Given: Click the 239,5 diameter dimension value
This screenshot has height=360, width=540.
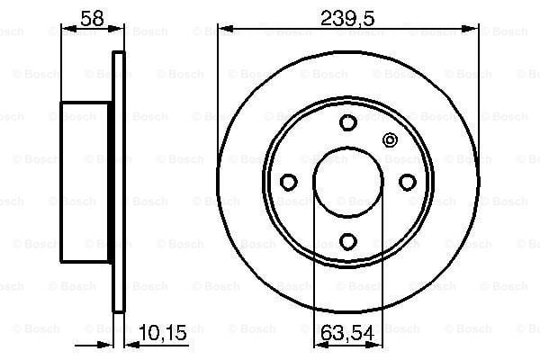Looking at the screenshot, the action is click(x=347, y=18).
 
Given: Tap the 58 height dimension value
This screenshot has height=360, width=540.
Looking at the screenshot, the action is click(x=92, y=18).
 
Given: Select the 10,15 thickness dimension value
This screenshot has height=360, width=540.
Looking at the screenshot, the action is click(x=163, y=332).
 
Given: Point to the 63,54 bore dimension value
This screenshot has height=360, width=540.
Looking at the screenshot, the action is click(x=347, y=333).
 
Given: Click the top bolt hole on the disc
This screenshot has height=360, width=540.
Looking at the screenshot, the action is click(x=347, y=122).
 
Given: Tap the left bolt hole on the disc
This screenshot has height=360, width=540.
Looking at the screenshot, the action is click(x=289, y=182).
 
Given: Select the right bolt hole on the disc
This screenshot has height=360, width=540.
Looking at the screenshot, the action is click(x=408, y=182).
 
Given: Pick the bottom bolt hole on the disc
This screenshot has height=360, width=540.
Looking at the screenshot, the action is click(x=347, y=241).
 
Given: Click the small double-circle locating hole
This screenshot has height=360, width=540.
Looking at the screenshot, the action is click(x=390, y=139).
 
